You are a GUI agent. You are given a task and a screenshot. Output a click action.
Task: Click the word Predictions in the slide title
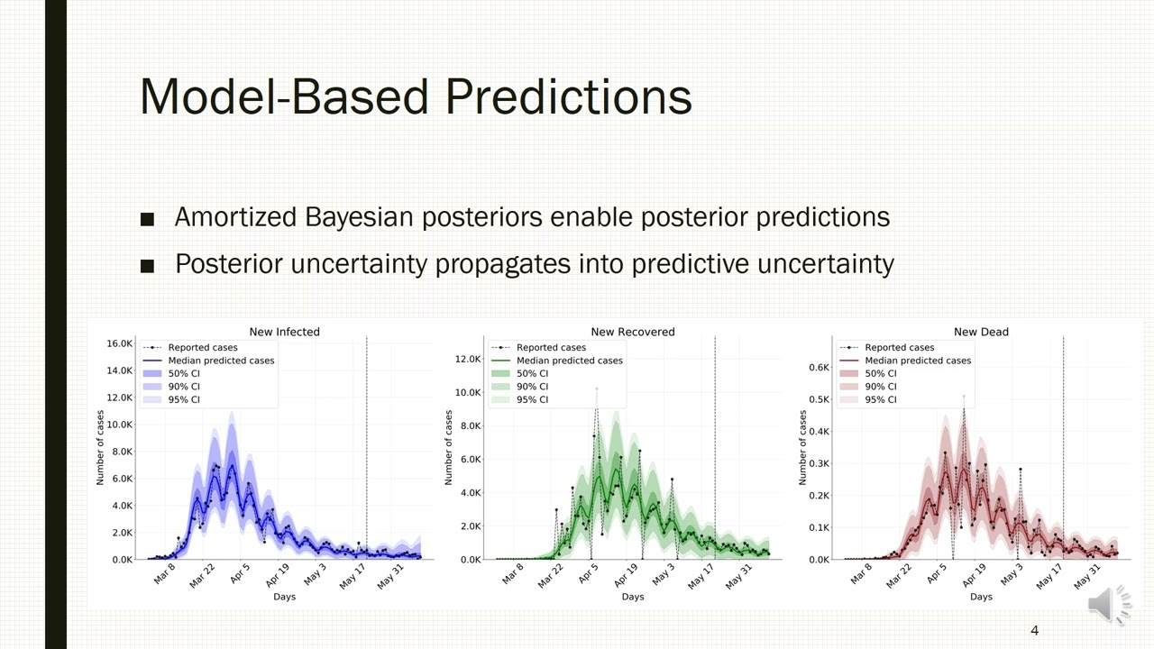(569, 96)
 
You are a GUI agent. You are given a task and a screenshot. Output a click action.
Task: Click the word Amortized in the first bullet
(235, 217)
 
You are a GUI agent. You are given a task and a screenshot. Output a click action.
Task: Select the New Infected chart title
(284, 332)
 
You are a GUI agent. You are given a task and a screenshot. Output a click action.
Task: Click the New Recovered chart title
(633, 332)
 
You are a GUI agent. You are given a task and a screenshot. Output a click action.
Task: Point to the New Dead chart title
(981, 332)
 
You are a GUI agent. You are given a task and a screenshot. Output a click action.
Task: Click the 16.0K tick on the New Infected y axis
(120, 343)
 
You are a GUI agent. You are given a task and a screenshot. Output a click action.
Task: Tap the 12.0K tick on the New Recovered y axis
(468, 359)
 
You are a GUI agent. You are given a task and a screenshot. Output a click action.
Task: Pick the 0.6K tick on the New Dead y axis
(820, 367)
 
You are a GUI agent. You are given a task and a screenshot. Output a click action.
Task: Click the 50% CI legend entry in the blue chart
(184, 373)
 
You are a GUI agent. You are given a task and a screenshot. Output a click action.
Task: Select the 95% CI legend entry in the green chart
(532, 399)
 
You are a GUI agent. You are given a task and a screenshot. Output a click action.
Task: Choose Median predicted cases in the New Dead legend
(918, 361)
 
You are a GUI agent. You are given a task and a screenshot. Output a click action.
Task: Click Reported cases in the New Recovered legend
(551, 348)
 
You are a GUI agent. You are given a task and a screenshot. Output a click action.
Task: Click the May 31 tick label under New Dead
(1087, 576)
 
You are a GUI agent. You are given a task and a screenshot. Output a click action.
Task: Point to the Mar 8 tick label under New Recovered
(513, 573)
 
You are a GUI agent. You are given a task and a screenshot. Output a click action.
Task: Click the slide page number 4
(1034, 630)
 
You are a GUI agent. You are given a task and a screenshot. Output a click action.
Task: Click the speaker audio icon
(1109, 605)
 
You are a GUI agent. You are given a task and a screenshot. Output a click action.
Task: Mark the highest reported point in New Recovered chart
(597, 388)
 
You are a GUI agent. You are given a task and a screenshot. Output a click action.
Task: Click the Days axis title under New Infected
(284, 597)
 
